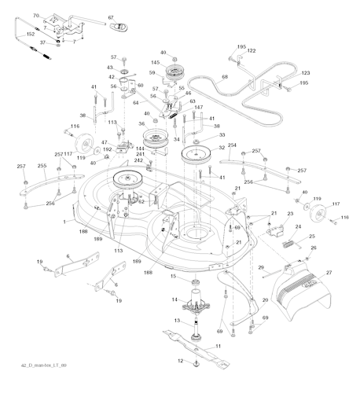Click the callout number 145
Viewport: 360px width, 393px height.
[x=156, y=64]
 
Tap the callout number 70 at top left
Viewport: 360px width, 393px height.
[x=35, y=14]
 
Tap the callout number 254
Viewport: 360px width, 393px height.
[x=231, y=146]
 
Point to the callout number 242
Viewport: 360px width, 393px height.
[x=138, y=160]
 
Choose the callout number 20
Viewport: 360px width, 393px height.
[x=264, y=299]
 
